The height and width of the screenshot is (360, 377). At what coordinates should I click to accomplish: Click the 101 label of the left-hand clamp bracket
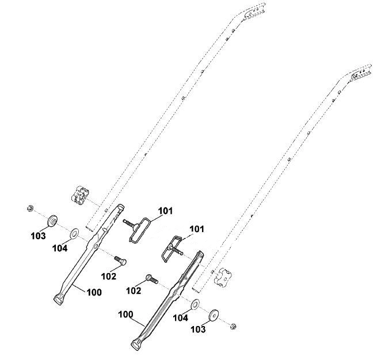165,211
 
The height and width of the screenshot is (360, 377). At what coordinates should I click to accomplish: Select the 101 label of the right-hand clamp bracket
197,229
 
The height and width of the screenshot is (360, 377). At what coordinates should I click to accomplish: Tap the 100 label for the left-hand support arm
94,293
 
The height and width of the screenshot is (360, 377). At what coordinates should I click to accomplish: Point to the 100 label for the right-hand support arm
125,314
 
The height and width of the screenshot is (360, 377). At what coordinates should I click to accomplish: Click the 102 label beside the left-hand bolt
109,276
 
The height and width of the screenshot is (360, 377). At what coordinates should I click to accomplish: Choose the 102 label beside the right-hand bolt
134,291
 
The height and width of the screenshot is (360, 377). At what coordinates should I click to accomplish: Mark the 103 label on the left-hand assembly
38,236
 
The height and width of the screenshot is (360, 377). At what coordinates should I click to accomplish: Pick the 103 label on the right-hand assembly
198,329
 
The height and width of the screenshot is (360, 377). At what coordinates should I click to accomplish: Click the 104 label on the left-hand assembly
60,248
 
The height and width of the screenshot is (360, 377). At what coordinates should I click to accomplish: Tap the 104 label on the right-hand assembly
181,318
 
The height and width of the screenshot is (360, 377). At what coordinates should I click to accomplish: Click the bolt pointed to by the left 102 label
120,260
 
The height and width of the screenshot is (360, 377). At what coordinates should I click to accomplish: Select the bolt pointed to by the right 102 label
152,279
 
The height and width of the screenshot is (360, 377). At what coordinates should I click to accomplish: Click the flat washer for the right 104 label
195,304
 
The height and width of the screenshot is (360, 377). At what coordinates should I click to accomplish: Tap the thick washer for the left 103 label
52,221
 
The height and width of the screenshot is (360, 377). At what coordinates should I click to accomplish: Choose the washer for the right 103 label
214,316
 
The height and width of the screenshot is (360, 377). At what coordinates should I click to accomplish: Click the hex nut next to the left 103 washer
31,208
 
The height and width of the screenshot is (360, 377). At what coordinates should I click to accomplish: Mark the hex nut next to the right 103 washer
233,327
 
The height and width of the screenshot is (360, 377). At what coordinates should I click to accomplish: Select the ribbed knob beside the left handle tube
81,194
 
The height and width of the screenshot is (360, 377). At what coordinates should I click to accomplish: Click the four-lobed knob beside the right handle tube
222,276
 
